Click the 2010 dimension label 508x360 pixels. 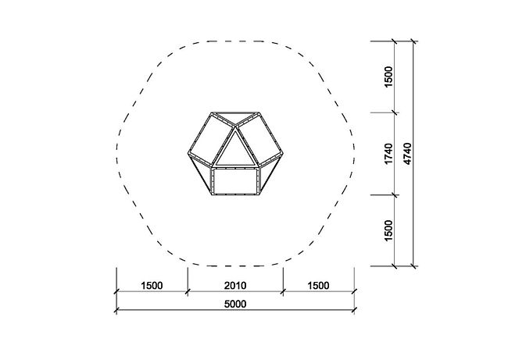pos(235,286)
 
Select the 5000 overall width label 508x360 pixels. pos(235,304)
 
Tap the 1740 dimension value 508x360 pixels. pos(388,154)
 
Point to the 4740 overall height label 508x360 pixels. pos(407,154)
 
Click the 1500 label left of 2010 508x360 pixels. pos(152,286)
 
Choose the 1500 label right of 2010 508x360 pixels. pos(318,286)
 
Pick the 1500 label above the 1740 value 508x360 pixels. pos(388,77)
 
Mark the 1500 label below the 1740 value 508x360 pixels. pos(388,230)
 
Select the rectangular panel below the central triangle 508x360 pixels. pos(235,181)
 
